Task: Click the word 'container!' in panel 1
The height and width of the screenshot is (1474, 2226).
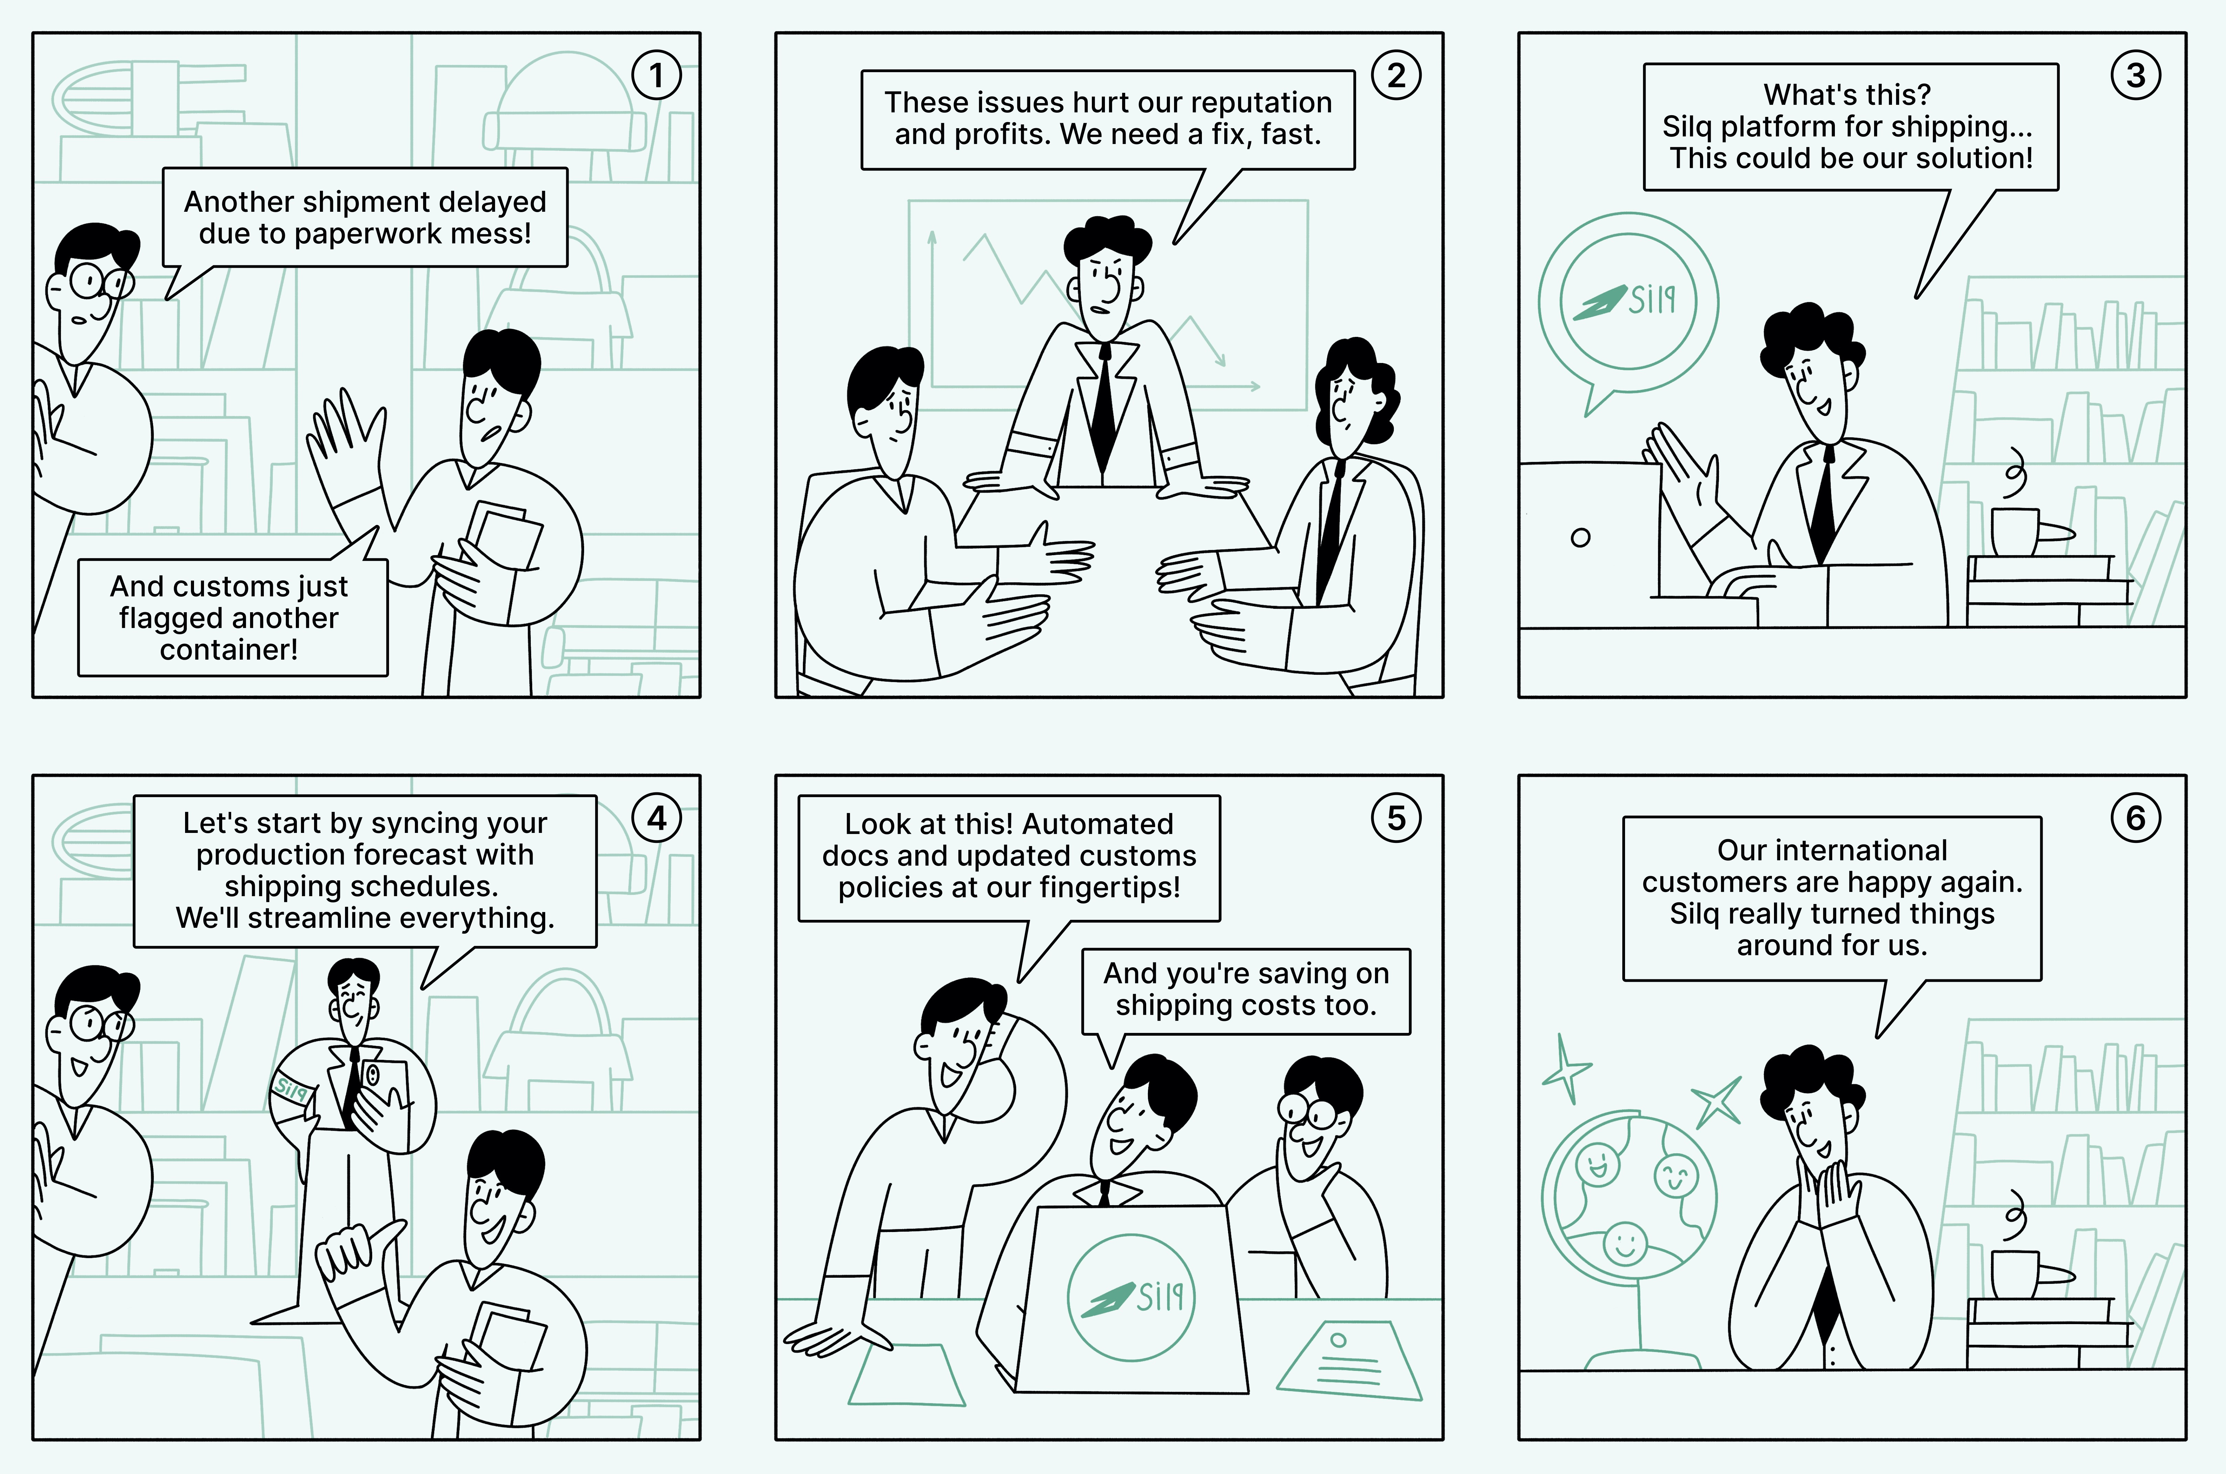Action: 228,650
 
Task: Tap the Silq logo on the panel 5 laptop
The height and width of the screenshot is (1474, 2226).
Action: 1131,1297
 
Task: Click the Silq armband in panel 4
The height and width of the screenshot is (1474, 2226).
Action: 291,1090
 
